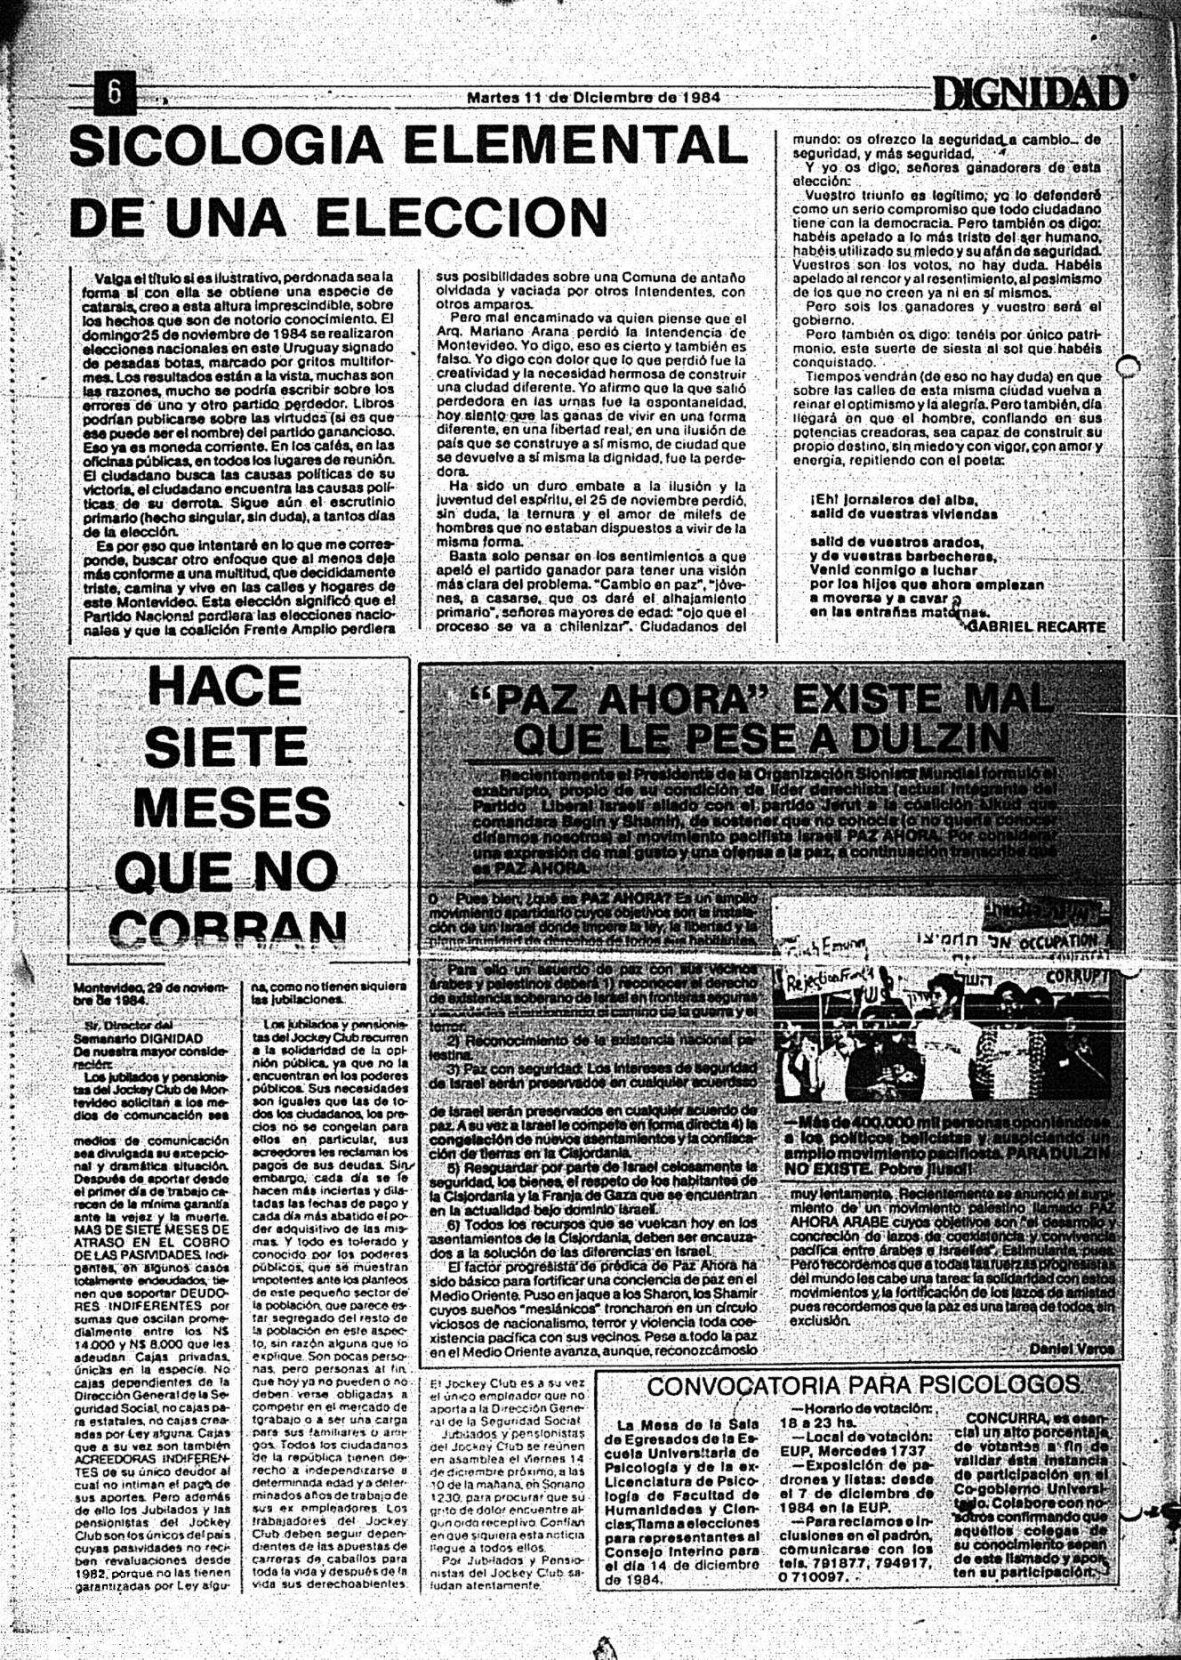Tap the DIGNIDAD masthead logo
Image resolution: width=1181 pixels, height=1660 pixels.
click(1030, 93)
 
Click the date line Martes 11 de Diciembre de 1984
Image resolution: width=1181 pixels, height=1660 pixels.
click(593, 97)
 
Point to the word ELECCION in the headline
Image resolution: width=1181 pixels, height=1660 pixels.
click(462, 218)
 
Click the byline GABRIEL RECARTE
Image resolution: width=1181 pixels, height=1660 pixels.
click(1036, 626)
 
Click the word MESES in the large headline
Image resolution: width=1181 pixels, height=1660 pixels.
click(231, 807)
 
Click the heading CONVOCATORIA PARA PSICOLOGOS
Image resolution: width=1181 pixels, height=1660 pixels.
click(864, 1386)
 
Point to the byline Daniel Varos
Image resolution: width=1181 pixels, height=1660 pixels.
click(1071, 1349)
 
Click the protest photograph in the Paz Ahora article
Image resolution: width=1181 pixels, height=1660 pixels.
click(940, 1014)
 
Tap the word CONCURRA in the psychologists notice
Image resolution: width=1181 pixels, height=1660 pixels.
click(1004, 1418)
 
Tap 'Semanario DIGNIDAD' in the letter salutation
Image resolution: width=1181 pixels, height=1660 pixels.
click(138, 1038)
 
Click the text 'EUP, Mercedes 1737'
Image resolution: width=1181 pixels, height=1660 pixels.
click(855, 1451)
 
